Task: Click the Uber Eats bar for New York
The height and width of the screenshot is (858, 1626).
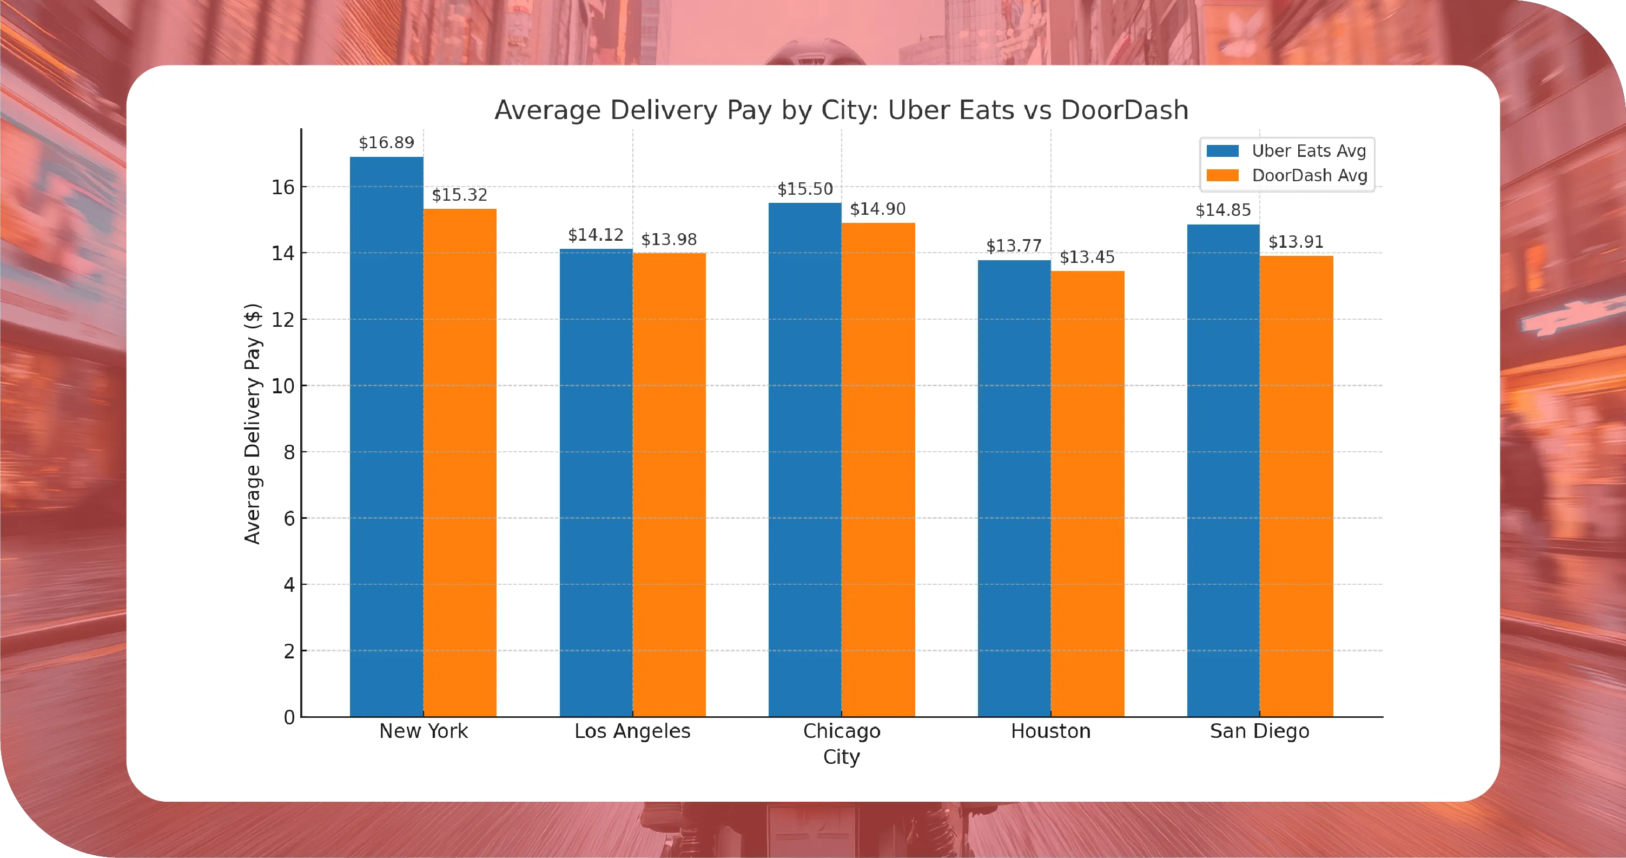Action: pyautogui.click(x=386, y=435)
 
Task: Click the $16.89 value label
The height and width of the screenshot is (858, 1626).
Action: pyautogui.click(x=386, y=143)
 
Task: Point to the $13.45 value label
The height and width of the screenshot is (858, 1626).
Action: pyautogui.click(x=1087, y=257)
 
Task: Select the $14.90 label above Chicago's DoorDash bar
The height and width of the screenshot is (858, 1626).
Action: pyautogui.click(x=877, y=209)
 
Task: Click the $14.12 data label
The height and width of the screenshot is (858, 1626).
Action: pyautogui.click(x=595, y=235)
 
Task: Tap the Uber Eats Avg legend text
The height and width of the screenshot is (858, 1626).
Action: pyautogui.click(x=1308, y=151)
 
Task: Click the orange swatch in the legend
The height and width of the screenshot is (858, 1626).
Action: pyautogui.click(x=1222, y=175)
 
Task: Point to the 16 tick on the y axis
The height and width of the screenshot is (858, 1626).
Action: pyautogui.click(x=283, y=187)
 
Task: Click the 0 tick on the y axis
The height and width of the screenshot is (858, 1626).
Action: pyautogui.click(x=289, y=717)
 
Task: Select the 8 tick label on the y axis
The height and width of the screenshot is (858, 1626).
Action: pyautogui.click(x=289, y=452)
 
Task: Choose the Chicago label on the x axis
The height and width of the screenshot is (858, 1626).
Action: pyautogui.click(x=842, y=731)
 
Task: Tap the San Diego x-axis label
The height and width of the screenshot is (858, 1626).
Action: pyautogui.click(x=1259, y=731)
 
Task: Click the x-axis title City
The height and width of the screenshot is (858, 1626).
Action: pyautogui.click(x=842, y=756)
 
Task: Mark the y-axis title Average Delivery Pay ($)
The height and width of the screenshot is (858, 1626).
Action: pyautogui.click(x=252, y=423)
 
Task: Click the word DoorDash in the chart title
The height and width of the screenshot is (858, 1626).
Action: pyautogui.click(x=1124, y=110)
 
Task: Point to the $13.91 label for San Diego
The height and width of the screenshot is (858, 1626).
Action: pyautogui.click(x=1296, y=242)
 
